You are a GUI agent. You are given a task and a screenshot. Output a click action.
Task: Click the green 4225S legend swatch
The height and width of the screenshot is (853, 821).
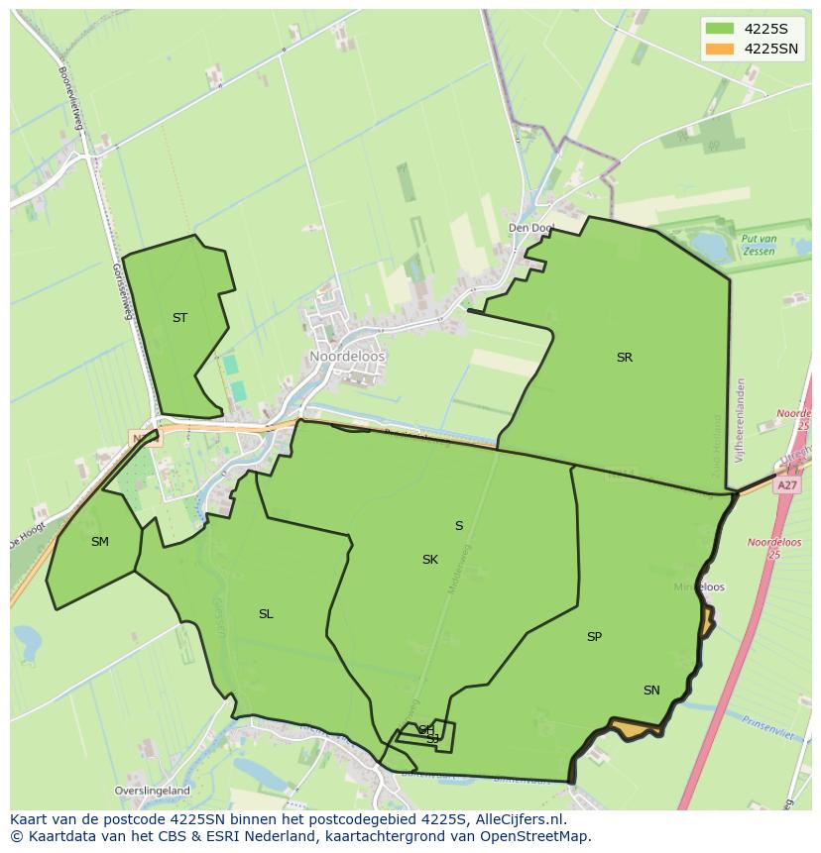[x=719, y=28]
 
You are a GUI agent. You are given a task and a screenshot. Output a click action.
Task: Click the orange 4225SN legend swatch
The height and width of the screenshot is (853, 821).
[x=719, y=49]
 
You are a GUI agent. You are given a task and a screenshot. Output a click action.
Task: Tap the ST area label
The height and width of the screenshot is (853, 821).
[x=179, y=318]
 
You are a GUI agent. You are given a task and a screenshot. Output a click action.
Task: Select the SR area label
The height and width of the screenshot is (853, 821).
[x=624, y=358]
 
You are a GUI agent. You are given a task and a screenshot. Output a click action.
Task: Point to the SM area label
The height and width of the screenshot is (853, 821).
[x=99, y=541]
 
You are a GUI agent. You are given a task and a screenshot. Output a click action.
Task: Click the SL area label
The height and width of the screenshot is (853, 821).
[x=266, y=614]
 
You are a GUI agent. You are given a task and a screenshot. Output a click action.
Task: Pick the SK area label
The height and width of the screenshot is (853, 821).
[x=429, y=560]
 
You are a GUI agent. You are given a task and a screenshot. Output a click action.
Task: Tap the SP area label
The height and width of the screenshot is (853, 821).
[x=594, y=637]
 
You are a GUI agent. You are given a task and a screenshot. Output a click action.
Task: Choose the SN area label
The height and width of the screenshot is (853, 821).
[x=651, y=691]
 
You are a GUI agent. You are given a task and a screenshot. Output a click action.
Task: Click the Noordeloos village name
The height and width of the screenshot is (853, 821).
[x=347, y=357]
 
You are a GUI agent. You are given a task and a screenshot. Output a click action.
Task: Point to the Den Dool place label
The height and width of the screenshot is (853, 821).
[x=530, y=228]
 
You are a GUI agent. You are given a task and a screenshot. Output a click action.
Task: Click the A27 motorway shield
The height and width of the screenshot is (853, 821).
[x=787, y=485]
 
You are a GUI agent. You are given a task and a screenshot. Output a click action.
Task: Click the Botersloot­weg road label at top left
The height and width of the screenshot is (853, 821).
[x=72, y=97]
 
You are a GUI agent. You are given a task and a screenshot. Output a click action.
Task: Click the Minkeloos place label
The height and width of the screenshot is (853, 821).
[x=699, y=587]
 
